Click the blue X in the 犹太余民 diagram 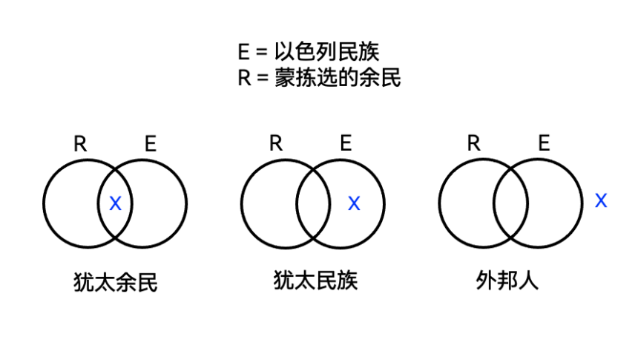(116, 203)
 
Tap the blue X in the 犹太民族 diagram (354, 203)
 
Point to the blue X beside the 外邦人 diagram (601, 200)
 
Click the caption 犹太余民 (116, 282)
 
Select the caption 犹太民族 (316, 280)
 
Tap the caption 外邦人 (507, 280)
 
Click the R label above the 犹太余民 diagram (80, 144)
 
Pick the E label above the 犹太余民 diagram (151, 144)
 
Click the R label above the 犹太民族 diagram (276, 143)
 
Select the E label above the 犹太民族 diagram (346, 143)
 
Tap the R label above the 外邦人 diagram (473, 143)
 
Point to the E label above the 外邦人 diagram (544, 143)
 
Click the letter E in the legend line (243, 52)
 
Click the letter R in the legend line (244, 78)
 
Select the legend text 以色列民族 (326, 52)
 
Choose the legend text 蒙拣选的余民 (338, 77)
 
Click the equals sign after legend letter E (262, 52)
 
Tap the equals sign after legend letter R (263, 78)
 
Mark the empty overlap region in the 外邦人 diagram (510, 203)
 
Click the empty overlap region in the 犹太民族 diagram (313, 203)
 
